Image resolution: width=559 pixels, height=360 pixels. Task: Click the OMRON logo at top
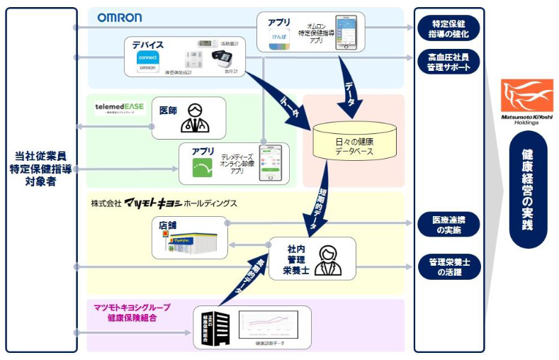[120, 17]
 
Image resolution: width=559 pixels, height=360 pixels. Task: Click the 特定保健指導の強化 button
[448, 28]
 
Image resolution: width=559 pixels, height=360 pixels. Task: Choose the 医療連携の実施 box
[448, 224]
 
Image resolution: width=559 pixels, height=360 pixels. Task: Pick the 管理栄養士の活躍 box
[448, 266]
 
